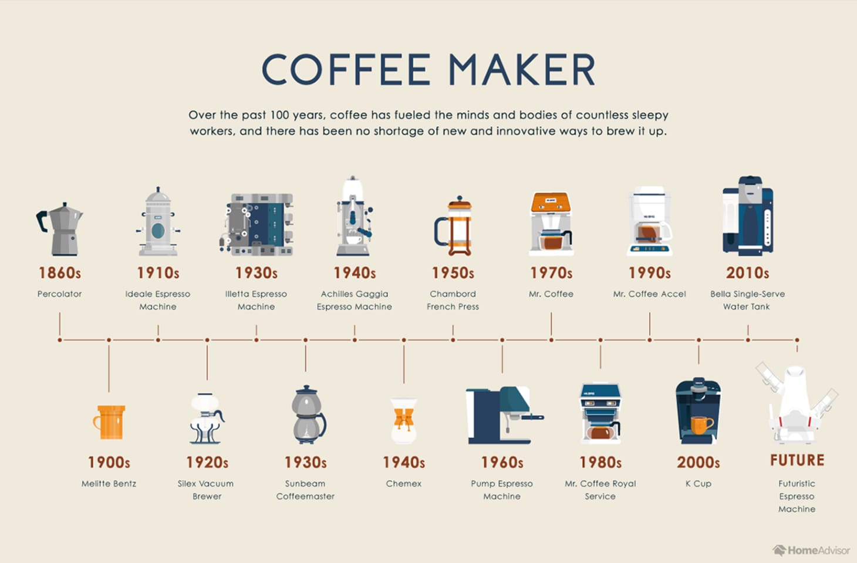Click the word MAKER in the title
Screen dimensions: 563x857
[522, 70]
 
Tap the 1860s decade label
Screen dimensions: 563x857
[60, 273]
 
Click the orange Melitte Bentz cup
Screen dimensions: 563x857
[110, 422]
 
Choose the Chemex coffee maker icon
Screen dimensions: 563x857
[403, 420]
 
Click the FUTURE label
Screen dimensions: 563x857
[797, 460]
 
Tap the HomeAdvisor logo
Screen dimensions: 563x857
[811, 550]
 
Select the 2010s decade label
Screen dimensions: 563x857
[747, 273]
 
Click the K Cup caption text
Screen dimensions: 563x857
[698, 484]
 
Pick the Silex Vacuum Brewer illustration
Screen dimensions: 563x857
[207, 419]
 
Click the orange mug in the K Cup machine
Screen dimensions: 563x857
[701, 424]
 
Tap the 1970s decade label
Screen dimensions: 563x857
[551, 273]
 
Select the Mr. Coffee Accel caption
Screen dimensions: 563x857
[649, 294]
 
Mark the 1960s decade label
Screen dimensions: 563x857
[502, 463]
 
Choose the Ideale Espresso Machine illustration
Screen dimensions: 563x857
[158, 223]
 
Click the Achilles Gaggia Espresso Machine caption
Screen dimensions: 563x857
[355, 300]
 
